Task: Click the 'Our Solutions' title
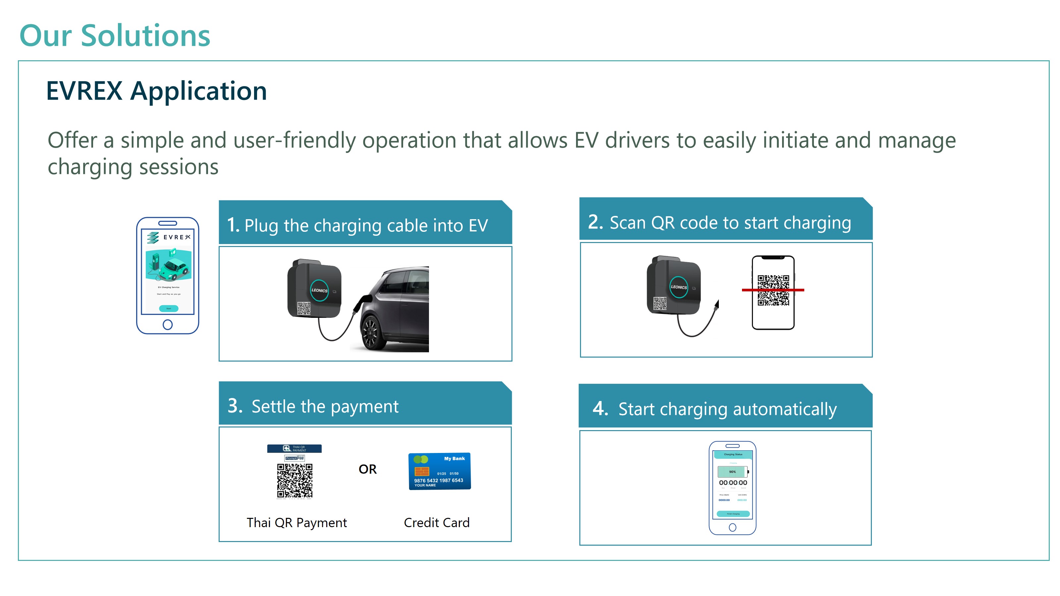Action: click(x=115, y=36)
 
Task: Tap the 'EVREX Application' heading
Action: click(x=156, y=91)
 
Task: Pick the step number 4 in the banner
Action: click(x=600, y=409)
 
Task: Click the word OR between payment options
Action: click(x=367, y=469)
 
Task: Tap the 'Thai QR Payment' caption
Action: click(x=297, y=522)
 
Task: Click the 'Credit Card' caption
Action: click(x=437, y=522)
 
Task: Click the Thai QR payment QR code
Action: click(x=294, y=480)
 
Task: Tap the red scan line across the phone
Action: click(x=773, y=290)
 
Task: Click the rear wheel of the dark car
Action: click(x=371, y=332)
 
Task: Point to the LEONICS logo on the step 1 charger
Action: click(x=319, y=290)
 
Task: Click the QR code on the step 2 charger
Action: click(x=660, y=303)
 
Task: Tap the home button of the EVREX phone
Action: click(x=168, y=324)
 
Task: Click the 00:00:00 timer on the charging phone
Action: click(x=733, y=482)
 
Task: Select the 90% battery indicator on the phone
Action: click(x=732, y=472)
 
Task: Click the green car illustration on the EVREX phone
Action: click(x=175, y=267)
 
